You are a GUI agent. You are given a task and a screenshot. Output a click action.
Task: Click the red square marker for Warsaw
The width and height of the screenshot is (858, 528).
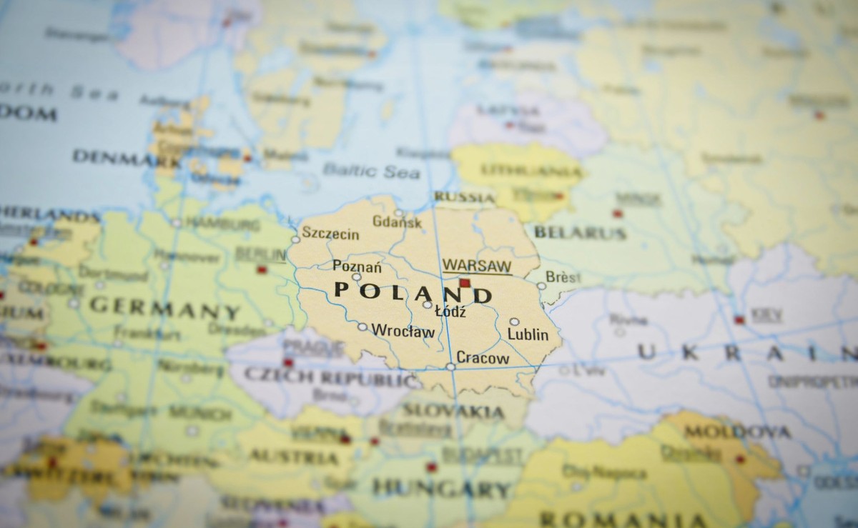(465, 283)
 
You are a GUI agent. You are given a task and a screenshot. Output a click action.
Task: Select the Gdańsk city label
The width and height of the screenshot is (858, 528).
(397, 222)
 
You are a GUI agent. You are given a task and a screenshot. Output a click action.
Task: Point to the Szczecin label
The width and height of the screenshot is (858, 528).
(330, 234)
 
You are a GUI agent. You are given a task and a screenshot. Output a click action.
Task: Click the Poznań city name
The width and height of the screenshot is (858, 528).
(357, 267)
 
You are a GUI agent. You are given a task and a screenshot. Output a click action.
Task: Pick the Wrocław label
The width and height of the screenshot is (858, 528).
(403, 332)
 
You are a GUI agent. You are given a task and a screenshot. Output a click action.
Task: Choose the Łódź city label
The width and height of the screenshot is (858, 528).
(450, 312)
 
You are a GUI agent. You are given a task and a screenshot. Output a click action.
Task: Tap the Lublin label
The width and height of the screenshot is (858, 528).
(528, 334)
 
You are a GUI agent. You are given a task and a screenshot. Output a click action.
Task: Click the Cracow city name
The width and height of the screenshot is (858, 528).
(483, 358)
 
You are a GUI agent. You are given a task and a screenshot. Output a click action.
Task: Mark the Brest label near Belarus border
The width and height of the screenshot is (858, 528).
(563, 277)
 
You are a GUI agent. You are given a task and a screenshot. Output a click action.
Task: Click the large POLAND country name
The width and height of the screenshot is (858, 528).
(413, 292)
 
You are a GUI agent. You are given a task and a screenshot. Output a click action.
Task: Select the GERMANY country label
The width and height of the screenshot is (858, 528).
(164, 309)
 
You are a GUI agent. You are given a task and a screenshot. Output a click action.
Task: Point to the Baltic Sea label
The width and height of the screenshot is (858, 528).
(370, 171)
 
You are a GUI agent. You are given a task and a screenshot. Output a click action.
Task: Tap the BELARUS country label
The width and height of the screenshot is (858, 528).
(580, 232)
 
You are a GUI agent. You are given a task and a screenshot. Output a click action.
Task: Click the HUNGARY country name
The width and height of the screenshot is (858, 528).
(441, 489)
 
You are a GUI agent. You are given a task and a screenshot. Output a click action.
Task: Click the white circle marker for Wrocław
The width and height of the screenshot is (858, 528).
(363, 327)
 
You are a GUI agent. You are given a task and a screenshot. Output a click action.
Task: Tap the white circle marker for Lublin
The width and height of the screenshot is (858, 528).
(514, 322)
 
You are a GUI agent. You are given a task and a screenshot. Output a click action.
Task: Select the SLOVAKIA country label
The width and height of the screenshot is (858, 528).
(453, 411)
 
